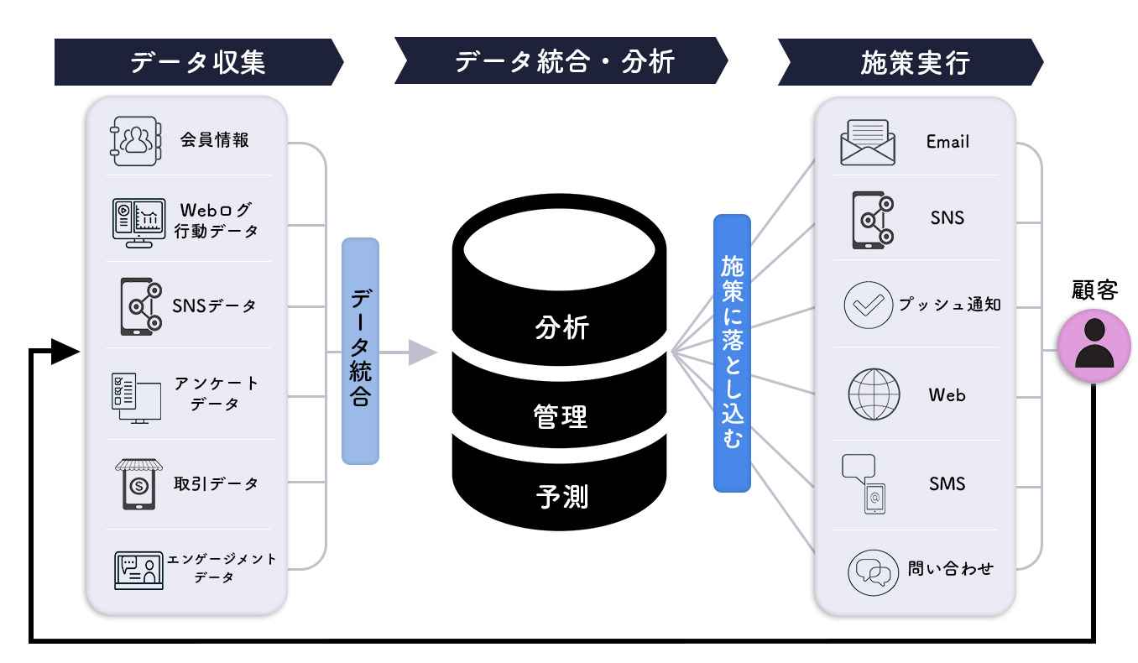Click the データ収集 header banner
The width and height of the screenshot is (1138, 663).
point(198,62)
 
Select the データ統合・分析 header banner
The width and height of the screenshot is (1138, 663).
point(561,62)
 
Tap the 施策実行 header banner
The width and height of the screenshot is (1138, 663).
point(911,62)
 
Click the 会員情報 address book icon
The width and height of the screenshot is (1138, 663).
point(133,139)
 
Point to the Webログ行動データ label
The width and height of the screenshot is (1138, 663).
point(216,220)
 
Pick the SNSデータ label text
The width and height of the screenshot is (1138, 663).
point(215,305)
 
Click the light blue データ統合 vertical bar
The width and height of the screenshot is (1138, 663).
point(360,351)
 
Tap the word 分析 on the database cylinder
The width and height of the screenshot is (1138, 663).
point(561,327)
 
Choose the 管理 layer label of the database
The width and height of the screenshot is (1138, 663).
point(561,415)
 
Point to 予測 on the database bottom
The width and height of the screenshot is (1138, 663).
point(561,496)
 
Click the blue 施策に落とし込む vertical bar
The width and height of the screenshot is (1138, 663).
point(732,352)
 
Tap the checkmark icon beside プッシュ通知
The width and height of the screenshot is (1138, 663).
point(868,304)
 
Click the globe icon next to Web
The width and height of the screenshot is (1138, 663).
point(874,394)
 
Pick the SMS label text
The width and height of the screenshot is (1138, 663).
point(947,483)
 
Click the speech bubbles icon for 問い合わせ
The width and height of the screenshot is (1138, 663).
point(870,571)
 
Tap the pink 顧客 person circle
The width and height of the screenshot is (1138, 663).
point(1094,346)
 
